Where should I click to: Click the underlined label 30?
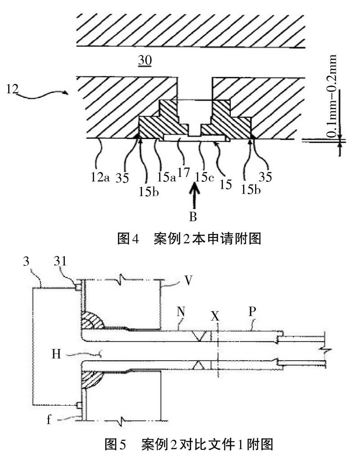(x=145, y=60)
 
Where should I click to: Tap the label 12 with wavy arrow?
(x=13, y=89)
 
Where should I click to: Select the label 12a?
(x=100, y=177)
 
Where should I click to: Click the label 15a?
(x=166, y=177)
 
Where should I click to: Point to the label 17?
(x=184, y=172)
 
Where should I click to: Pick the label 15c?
(x=204, y=177)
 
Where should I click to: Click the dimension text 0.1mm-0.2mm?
(x=332, y=96)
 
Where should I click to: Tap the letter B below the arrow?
(x=193, y=217)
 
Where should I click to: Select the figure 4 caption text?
(x=189, y=239)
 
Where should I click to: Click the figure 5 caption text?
(x=189, y=444)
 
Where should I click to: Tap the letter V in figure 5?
(x=189, y=281)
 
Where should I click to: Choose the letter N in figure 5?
(x=180, y=312)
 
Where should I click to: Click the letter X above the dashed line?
(x=215, y=315)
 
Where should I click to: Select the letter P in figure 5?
(x=252, y=312)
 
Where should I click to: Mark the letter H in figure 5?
(x=56, y=354)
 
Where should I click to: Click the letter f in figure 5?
(x=49, y=419)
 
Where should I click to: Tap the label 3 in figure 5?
(x=26, y=261)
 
